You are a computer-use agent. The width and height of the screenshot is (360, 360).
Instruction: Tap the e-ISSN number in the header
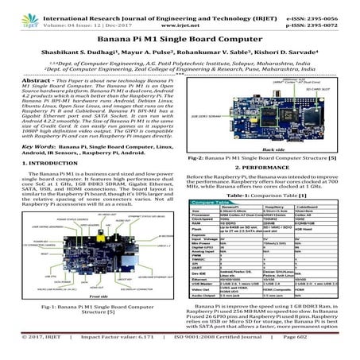click(x=327, y=6)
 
